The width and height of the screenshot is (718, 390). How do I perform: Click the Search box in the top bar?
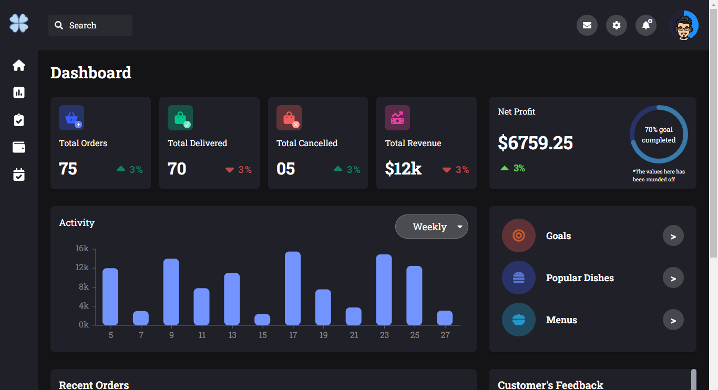click(90, 25)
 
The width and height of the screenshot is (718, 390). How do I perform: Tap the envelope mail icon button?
click(587, 25)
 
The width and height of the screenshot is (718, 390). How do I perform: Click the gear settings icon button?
click(617, 25)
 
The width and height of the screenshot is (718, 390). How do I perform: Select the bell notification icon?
click(646, 25)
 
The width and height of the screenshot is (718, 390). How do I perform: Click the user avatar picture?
click(683, 25)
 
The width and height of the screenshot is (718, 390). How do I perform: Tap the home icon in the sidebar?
click(19, 66)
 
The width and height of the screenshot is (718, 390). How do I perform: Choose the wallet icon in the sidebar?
click(19, 147)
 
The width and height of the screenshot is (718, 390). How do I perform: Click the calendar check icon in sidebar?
click(19, 175)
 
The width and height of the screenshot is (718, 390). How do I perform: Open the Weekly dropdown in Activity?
click(432, 227)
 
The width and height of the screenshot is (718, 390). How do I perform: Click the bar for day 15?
click(262, 320)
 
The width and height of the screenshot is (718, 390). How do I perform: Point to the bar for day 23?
click(384, 290)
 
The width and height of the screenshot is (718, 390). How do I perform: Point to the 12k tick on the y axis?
click(82, 268)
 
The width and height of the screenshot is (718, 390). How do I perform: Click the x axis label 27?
click(445, 335)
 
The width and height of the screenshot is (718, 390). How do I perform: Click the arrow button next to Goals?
click(673, 236)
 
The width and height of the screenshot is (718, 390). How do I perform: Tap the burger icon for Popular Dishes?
click(519, 278)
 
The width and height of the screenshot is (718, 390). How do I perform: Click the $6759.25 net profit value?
click(535, 142)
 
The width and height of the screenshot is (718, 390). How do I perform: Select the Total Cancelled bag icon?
click(289, 118)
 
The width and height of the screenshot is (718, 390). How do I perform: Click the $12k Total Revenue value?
click(403, 169)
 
